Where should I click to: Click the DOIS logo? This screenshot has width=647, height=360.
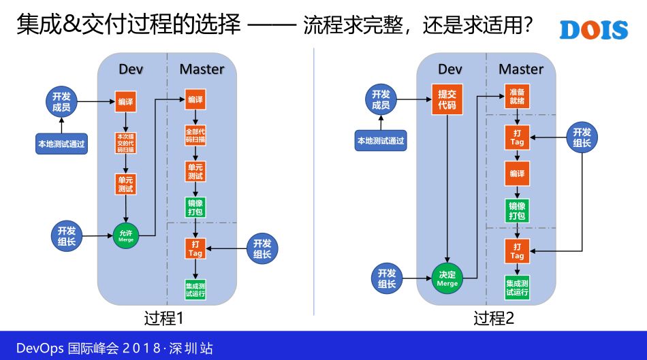pyautogui.click(x=593, y=29)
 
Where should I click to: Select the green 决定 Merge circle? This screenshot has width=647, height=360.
pyautogui.click(x=447, y=278)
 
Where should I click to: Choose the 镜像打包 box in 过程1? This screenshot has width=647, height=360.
pyautogui.click(x=195, y=207)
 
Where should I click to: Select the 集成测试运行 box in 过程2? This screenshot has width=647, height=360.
pyautogui.click(x=517, y=288)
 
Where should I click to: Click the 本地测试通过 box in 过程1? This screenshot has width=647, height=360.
pyautogui.click(x=61, y=144)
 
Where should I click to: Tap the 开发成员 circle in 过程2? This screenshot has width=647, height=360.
pyautogui.click(x=381, y=100)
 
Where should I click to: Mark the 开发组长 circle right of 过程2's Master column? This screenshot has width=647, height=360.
pyautogui.click(x=582, y=137)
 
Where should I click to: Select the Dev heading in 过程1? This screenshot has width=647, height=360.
pyautogui.click(x=131, y=69)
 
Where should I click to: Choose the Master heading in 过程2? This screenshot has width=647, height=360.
pyautogui.click(x=521, y=69)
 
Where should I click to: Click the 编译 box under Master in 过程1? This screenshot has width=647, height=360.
pyautogui.click(x=195, y=100)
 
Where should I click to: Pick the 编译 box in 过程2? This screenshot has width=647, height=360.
pyautogui.click(x=517, y=174)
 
